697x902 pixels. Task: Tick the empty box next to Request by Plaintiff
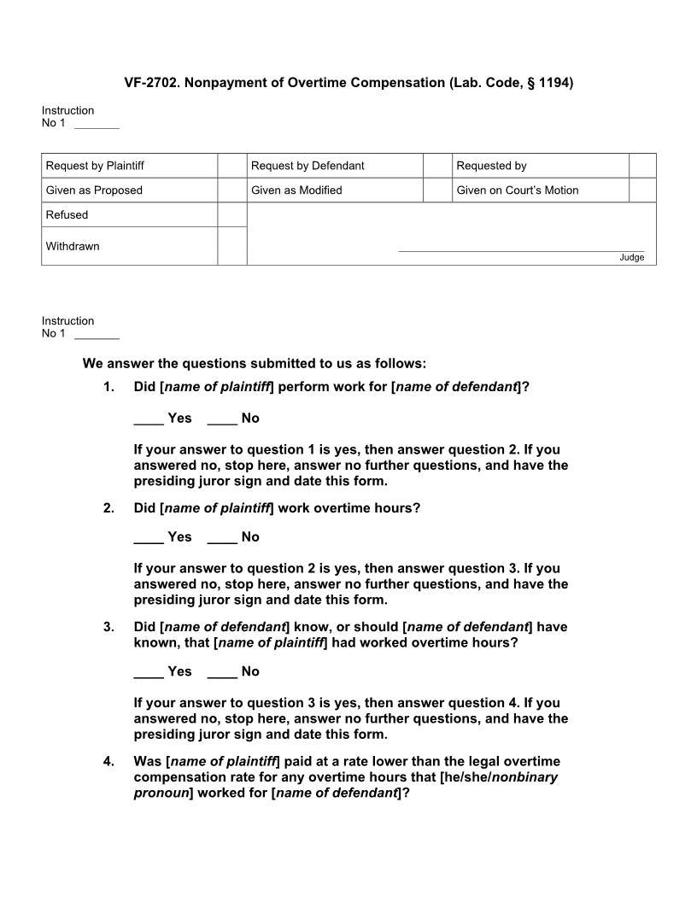[231, 166]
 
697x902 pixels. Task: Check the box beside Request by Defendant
[437, 166]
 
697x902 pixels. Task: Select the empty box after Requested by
[642, 166]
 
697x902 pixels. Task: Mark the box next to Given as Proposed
[231, 190]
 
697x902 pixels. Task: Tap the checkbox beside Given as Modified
[437, 190]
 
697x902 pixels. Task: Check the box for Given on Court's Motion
[642, 190]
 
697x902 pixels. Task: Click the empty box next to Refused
[231, 215]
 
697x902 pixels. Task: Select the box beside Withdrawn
[231, 246]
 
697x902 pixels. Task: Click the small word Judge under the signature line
[632, 258]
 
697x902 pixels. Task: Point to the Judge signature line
[521, 250]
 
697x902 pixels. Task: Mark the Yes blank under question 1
[149, 419]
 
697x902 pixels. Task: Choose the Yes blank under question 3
[149, 672]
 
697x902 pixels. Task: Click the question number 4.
[108, 761]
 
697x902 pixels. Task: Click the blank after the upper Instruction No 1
[97, 125]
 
